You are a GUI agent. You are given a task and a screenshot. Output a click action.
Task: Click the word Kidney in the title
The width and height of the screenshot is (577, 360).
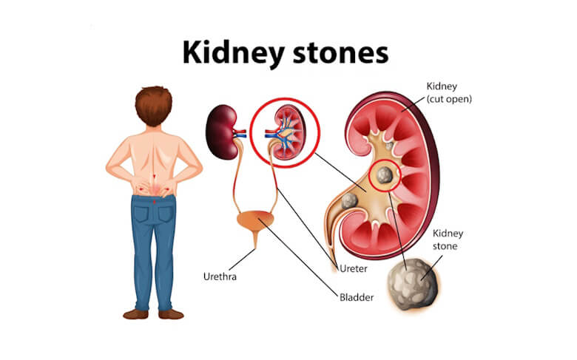(233, 54)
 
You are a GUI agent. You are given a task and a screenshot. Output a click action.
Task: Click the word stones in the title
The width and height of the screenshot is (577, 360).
(340, 54)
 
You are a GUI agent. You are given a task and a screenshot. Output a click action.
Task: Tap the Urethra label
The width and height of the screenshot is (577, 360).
(220, 276)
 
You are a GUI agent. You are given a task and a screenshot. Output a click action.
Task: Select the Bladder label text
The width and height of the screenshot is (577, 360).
(357, 297)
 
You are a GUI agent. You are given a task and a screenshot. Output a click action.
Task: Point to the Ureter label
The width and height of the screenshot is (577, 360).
(354, 268)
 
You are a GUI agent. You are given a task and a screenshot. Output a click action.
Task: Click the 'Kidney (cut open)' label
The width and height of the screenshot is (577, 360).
(449, 92)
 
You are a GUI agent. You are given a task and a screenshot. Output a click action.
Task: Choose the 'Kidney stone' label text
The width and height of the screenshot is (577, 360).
(448, 240)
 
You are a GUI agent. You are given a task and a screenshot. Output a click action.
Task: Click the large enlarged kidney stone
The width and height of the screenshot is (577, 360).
(413, 285)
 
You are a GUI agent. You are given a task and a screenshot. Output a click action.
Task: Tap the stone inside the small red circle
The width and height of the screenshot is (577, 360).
(385, 175)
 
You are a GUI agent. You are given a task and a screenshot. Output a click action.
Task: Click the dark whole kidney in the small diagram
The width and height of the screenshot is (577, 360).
(221, 132)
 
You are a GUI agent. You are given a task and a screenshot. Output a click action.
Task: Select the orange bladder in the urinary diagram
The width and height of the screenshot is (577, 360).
(255, 220)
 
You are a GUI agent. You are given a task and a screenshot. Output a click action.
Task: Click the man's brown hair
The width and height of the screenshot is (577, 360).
(153, 106)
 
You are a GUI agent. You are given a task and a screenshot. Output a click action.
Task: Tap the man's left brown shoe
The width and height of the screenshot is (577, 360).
(136, 314)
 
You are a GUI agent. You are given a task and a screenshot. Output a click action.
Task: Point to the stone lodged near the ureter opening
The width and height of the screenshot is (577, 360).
(349, 201)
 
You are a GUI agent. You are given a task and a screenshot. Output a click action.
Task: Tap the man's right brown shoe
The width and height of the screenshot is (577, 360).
(171, 314)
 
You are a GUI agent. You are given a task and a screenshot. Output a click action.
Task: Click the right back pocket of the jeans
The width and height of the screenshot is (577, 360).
(166, 214)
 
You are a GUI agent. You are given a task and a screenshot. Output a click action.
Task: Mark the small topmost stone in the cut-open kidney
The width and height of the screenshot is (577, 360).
(389, 146)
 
